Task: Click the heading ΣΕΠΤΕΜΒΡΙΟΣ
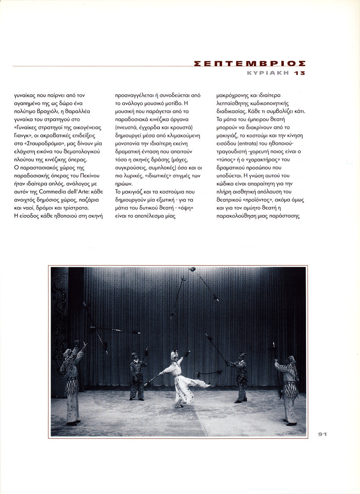(x=250, y=64)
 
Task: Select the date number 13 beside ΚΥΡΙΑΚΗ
(x=300, y=73)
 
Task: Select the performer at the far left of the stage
(x=72, y=383)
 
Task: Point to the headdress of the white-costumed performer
(x=175, y=354)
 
